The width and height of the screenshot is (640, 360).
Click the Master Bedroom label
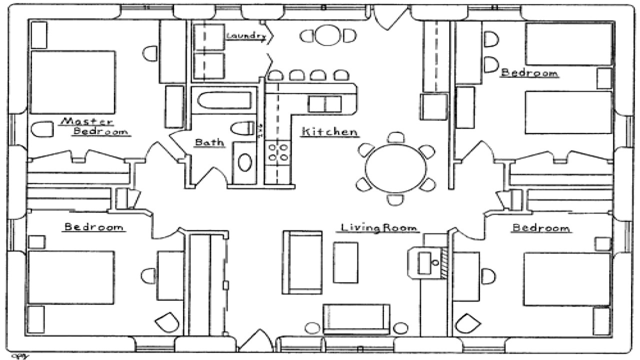point(95,126)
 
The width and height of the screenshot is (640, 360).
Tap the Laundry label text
point(245,35)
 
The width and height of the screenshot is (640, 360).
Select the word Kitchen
point(329,132)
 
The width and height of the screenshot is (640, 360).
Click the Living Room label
point(378,228)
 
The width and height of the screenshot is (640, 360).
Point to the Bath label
point(209,143)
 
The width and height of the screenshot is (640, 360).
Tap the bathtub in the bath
point(223,100)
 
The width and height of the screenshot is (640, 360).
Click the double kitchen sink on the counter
point(324,104)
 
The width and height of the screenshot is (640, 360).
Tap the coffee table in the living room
point(345,262)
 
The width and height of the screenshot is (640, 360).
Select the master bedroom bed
point(73,82)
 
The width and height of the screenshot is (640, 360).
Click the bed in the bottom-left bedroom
point(71,277)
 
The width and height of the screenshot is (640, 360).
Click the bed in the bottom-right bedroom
point(567,278)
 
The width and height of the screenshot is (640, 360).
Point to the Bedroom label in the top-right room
point(529,73)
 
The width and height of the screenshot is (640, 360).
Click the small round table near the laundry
point(328,35)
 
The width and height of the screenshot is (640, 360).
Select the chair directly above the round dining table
point(396,137)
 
